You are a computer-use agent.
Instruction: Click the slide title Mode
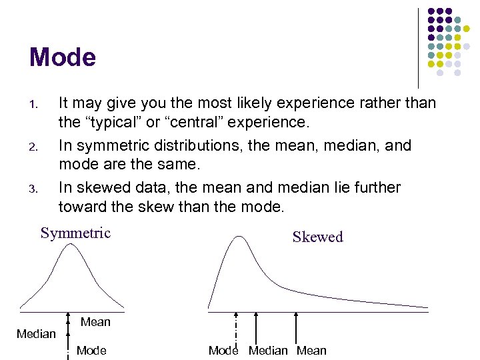[x=63, y=57]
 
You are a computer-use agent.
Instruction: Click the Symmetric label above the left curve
[x=75, y=233]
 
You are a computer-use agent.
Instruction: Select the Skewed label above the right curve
[x=317, y=237]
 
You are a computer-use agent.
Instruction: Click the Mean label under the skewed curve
[x=311, y=351]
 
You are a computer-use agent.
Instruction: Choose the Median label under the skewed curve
[x=268, y=351]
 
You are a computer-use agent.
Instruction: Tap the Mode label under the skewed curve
[x=223, y=351]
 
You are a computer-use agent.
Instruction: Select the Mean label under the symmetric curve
[x=95, y=323]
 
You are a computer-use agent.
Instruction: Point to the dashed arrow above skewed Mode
[x=236, y=327]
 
